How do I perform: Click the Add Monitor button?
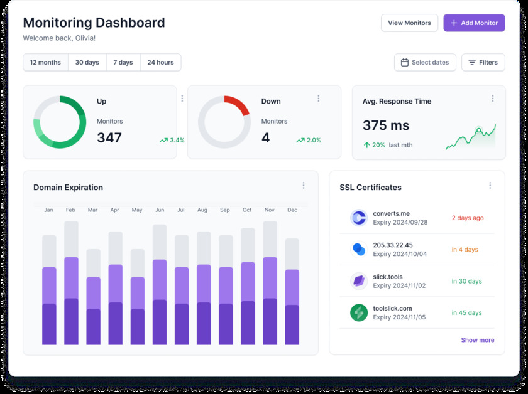tap(474, 23)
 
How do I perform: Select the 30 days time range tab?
tap(87, 63)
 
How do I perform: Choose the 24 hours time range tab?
tap(160, 63)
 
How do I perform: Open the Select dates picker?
tap(425, 63)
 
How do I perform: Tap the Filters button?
tap(483, 63)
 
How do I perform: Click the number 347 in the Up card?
tap(109, 138)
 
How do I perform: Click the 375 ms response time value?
tap(386, 125)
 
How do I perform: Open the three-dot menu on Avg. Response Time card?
tap(493, 98)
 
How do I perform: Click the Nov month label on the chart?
tap(270, 210)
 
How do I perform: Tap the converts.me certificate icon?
tap(359, 218)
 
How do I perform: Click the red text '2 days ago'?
tap(468, 218)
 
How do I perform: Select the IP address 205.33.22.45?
tap(393, 245)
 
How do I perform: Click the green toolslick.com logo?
tap(359, 312)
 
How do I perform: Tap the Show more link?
tap(478, 340)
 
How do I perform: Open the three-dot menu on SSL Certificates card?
tap(490, 186)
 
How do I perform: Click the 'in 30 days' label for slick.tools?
tap(466, 281)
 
